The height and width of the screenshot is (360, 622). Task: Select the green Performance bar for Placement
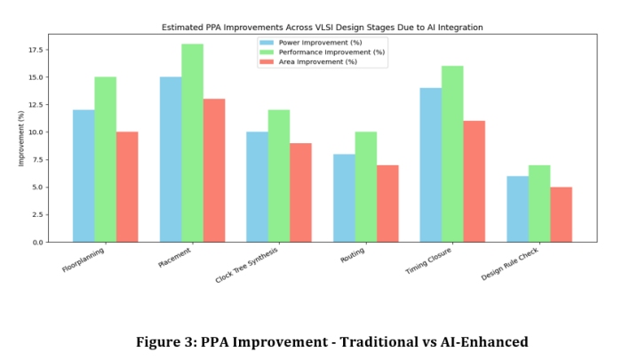click(x=192, y=143)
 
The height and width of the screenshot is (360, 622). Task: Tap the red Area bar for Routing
click(x=387, y=204)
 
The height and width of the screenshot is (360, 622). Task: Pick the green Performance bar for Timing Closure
click(x=452, y=154)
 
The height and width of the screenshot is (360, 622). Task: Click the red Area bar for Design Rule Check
click(x=561, y=214)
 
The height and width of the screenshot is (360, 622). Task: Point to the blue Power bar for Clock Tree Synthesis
click(x=257, y=187)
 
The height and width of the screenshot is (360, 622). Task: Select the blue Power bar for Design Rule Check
click(x=517, y=209)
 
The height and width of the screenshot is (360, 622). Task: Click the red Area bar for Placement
click(x=214, y=171)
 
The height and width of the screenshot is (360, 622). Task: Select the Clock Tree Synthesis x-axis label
click(x=246, y=266)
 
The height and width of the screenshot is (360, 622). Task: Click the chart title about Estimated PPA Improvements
click(x=322, y=28)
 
